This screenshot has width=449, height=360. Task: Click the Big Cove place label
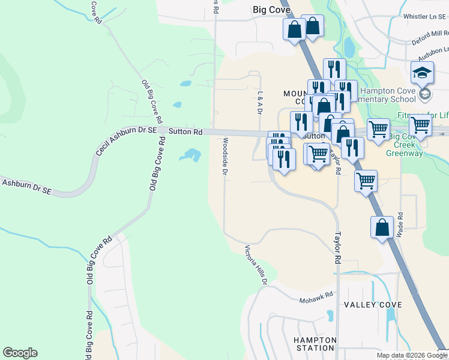point(268,9)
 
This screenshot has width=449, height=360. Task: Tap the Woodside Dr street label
point(224,157)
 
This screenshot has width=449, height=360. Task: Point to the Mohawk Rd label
point(317,298)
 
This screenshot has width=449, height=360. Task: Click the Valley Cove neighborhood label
point(373,305)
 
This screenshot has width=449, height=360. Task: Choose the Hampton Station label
point(315,344)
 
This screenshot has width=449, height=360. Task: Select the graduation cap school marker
point(422,73)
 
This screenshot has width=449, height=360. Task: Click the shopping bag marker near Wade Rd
point(382,228)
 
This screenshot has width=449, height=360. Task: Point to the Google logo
point(20,353)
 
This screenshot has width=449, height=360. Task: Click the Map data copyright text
point(412,356)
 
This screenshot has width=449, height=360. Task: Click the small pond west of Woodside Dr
point(190,155)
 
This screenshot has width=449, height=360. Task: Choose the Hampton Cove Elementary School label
point(387,95)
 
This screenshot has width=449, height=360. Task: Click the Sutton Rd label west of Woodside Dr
point(185,131)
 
